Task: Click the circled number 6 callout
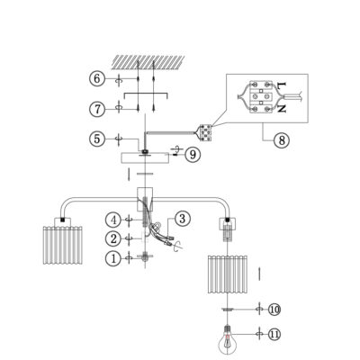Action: pos(97,79)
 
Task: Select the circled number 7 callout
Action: pos(97,109)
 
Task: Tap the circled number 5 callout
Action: pos(97,139)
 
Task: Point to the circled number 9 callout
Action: pos(193,155)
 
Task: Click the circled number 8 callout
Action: pos(282,139)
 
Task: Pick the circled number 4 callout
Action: pos(113,220)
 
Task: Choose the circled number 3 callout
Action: pos(183,219)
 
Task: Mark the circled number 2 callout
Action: pos(113,238)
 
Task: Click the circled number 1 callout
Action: pos(113,258)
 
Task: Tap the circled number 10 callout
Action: pos(274,309)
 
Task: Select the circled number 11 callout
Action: pos(274,334)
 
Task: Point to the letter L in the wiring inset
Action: pos(281,85)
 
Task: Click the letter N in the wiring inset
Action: pos(281,108)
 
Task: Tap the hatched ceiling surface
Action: pos(148,61)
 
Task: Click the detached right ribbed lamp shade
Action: pos(228,274)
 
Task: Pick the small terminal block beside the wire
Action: pos(205,133)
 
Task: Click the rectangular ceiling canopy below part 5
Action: pos(145,158)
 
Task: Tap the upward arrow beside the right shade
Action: pos(259,274)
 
